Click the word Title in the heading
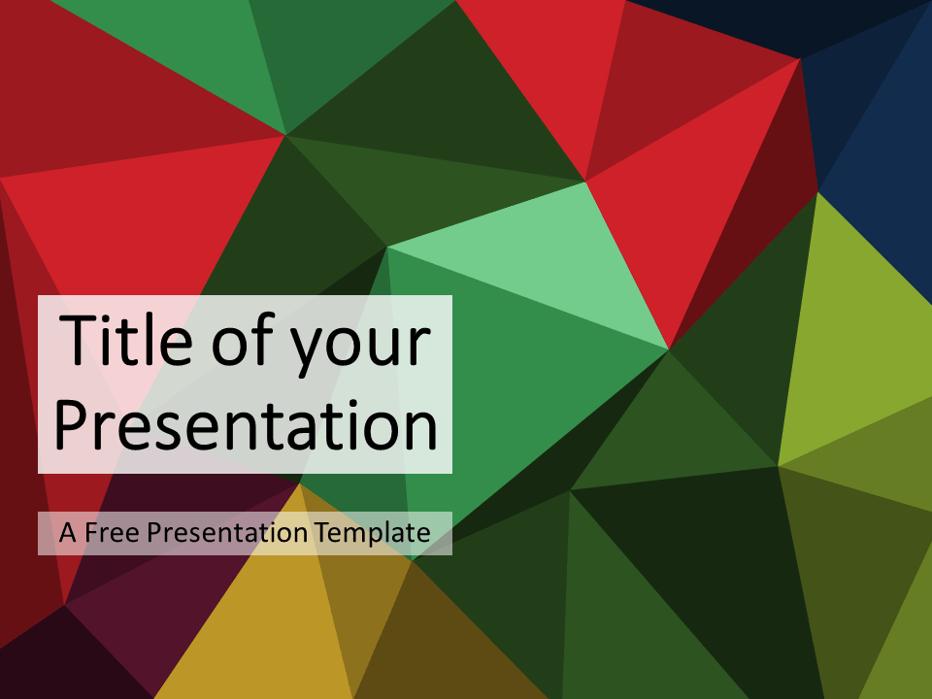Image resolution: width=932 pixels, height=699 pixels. tap(126, 339)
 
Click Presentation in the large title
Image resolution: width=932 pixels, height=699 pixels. tap(246, 424)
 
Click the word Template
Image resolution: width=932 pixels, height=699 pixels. tap(373, 533)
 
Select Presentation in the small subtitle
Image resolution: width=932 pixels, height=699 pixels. tap(227, 532)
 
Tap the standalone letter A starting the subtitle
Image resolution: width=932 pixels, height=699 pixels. tap(68, 533)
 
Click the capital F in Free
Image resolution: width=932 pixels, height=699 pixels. tap(91, 533)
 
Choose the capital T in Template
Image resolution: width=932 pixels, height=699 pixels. tap(322, 532)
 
